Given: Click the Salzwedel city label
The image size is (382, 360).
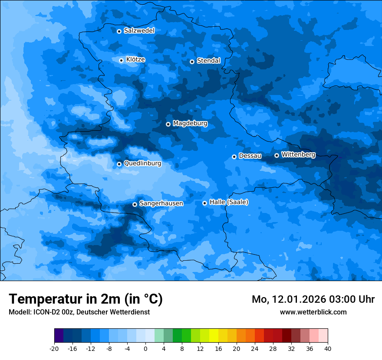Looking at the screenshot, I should coord(139,31).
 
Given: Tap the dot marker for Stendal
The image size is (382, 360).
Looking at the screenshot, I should coord(192,62).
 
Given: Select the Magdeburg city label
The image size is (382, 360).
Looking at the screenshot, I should coord(190,124).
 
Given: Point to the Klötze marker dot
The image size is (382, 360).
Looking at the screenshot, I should coord(121,60).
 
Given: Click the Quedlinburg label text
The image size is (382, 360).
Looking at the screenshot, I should coord(142,164).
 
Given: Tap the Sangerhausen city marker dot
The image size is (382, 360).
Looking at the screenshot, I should coord(135,204).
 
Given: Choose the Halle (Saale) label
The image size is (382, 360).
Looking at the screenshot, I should coord(229,202).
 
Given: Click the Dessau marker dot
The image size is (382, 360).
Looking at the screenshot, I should coord(234,157).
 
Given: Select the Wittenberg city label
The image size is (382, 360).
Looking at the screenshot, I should coord(298,154).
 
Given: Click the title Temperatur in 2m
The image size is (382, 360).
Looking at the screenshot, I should coord(86,299).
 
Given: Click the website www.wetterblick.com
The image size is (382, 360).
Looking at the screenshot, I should coord(313,312).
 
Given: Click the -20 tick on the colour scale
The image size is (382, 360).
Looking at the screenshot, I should coord(54,348).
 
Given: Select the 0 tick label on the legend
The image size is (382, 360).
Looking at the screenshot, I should coord(145,348).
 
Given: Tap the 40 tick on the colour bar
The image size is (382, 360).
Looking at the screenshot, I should coord(328,348).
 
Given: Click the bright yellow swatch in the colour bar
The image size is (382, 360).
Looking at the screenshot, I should coord(214,336).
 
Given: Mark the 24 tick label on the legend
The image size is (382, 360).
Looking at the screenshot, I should coord(255,348).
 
